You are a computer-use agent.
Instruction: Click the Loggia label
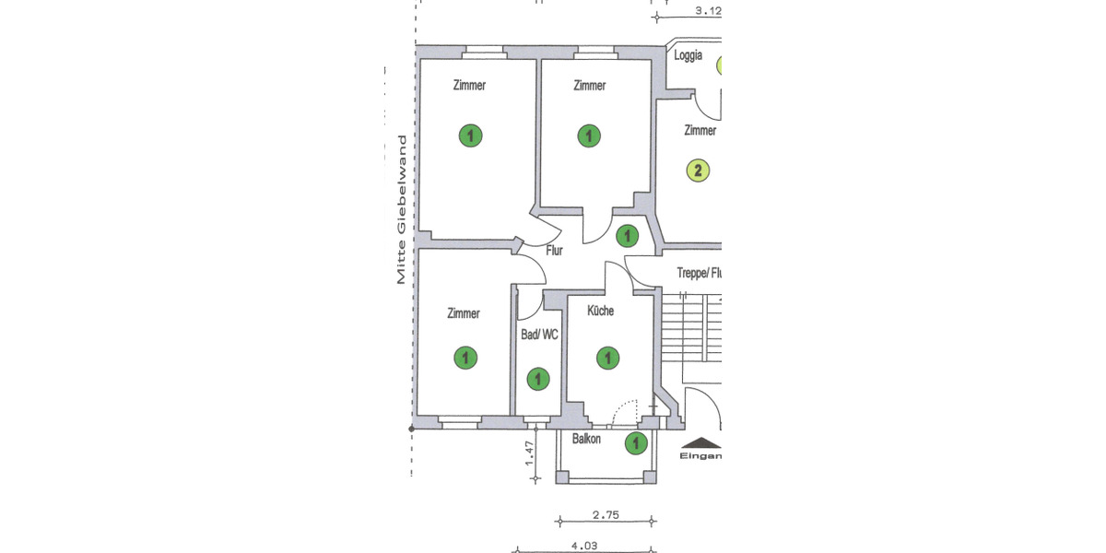pyautogui.click(x=688, y=55)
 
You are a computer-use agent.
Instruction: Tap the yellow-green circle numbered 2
pyautogui.click(x=699, y=171)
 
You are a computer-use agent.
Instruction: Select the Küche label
pyautogui.click(x=600, y=312)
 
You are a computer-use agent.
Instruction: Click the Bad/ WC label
pyautogui.click(x=539, y=335)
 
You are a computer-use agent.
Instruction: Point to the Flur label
pyautogui.click(x=554, y=250)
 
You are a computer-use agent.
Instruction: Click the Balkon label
pyautogui.click(x=586, y=440)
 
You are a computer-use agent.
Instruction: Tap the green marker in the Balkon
pyautogui.click(x=636, y=444)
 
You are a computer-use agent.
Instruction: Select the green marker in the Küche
pyautogui.click(x=606, y=358)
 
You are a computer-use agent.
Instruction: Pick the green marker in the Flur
pyautogui.click(x=626, y=237)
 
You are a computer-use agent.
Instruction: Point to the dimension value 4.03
pyautogui.click(x=583, y=546)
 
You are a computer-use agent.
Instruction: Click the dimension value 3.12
pyautogui.click(x=707, y=11)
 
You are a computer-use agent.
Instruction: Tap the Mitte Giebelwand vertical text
pyautogui.click(x=402, y=210)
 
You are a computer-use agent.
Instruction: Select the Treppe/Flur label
pyautogui.click(x=699, y=273)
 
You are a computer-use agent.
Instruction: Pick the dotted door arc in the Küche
pyautogui.click(x=626, y=411)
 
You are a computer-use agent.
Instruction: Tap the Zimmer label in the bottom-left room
pyautogui.click(x=463, y=313)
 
